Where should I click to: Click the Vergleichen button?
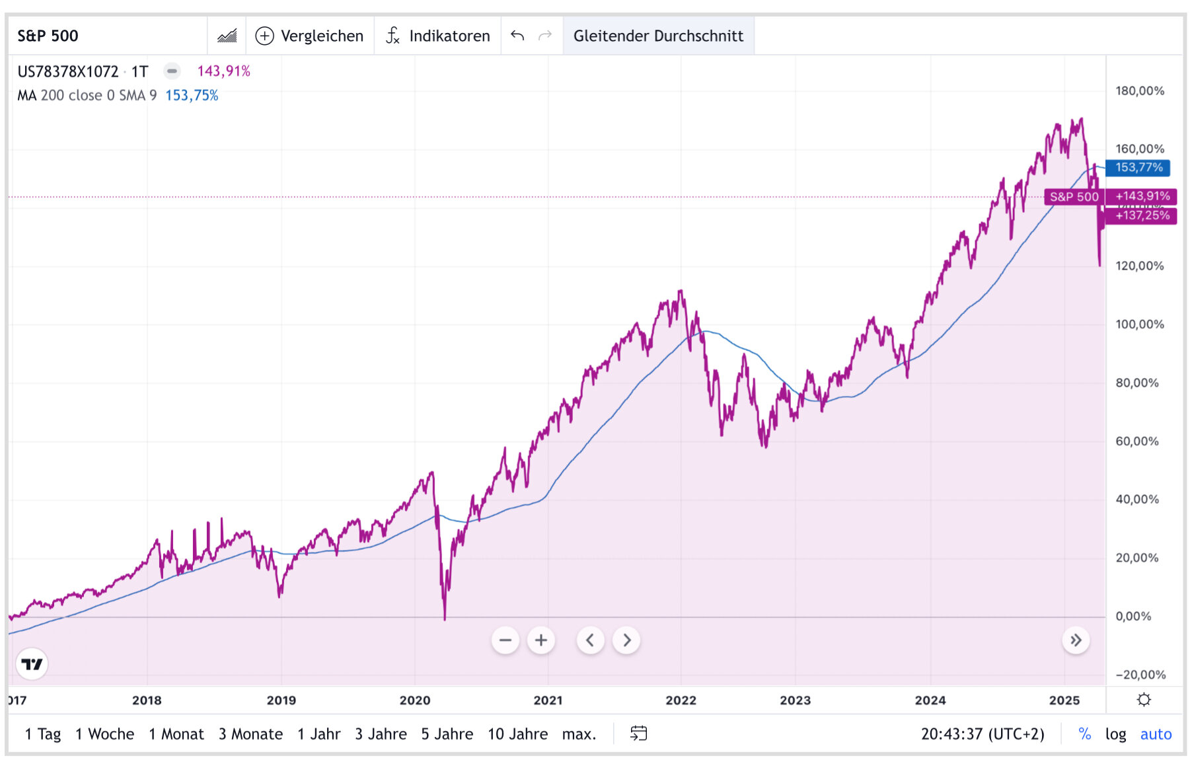click(309, 36)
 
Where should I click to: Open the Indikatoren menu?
click(439, 36)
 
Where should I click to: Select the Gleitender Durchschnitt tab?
click(658, 36)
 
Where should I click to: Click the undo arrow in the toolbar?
click(517, 36)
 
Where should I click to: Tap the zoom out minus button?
click(505, 640)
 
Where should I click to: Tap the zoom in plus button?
click(541, 640)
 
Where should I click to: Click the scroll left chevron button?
click(591, 640)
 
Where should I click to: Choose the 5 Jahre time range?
click(447, 734)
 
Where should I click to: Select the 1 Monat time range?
click(176, 734)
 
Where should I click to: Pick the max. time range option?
click(579, 734)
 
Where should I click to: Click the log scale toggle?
click(1115, 734)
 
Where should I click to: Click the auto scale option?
click(1156, 734)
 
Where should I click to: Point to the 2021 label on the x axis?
click(548, 701)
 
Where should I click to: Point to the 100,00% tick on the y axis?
click(1139, 325)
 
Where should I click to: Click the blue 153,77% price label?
click(1138, 168)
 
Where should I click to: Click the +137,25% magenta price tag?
click(1142, 215)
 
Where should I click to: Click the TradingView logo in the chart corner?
click(32, 664)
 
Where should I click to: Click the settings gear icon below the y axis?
click(1144, 700)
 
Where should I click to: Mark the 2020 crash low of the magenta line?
click(445, 619)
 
